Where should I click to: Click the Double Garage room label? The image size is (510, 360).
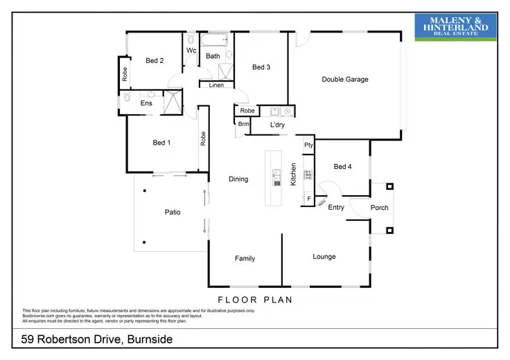tap(344, 80)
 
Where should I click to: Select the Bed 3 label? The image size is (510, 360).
tap(261, 67)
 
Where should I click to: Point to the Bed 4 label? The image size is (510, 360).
tap(342, 167)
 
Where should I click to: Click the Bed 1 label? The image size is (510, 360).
tap(161, 143)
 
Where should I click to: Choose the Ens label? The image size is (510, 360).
tap(146, 103)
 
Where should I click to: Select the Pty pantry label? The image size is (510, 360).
tap(308, 145)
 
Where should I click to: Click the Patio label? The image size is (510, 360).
tap(172, 213)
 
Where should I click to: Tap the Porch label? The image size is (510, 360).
tap(379, 208)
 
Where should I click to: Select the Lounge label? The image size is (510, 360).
tap(324, 257)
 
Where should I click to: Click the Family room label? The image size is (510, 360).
tap(245, 259)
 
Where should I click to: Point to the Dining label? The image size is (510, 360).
tap(238, 179)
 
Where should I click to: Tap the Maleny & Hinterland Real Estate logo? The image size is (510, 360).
tap(455, 26)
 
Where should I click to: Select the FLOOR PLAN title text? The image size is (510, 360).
tap(254, 300)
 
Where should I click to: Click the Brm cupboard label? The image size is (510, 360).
tap(243, 125)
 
